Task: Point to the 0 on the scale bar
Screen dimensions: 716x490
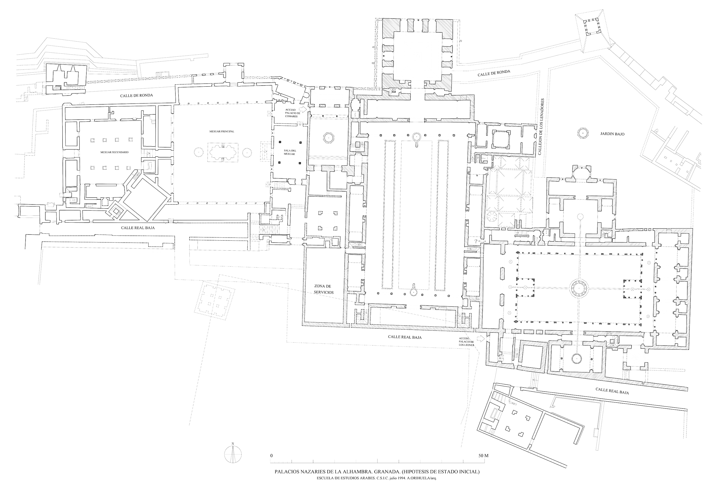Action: (x=272, y=455)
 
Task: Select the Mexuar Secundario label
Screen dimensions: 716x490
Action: (x=115, y=152)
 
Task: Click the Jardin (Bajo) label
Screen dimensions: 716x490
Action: (x=611, y=134)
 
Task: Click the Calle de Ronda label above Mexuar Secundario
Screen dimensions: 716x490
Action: (x=137, y=96)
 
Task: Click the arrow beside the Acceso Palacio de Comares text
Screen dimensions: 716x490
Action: (x=304, y=109)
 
